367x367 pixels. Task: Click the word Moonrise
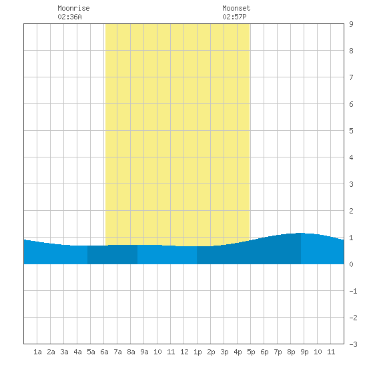(73, 8)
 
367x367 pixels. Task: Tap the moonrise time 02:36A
(69, 17)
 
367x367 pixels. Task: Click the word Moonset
(236, 8)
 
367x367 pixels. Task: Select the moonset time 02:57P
(234, 17)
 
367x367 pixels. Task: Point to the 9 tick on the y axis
(351, 24)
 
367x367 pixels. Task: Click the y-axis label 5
(351, 131)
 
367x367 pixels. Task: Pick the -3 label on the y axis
(353, 344)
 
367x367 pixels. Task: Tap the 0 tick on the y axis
(351, 264)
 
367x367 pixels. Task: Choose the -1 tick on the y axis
(353, 291)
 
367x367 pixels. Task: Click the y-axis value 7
(351, 77)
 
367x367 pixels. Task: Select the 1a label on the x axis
(37, 352)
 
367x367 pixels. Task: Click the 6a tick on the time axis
(104, 352)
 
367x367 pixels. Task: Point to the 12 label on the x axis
(184, 352)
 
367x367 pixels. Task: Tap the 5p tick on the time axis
(251, 352)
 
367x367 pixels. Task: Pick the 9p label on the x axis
(304, 352)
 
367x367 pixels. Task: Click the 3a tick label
(64, 352)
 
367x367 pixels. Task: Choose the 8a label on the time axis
(131, 352)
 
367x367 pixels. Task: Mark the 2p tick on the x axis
(211, 352)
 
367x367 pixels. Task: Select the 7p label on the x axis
(278, 352)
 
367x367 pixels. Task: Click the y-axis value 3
(351, 184)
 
